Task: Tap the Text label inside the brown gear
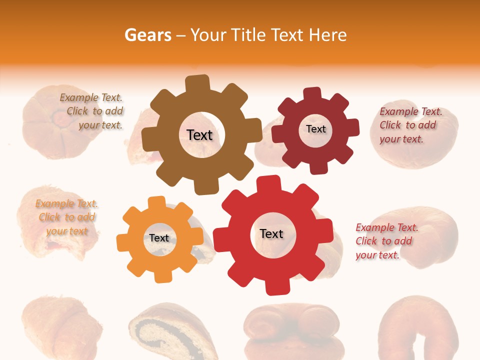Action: coord(199,135)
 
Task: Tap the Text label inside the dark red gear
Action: coord(315,129)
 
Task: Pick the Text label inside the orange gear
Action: coord(159,238)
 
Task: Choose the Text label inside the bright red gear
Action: coord(271,233)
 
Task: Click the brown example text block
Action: coord(91,111)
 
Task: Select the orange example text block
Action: coord(66,217)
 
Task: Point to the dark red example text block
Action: coord(410,125)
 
